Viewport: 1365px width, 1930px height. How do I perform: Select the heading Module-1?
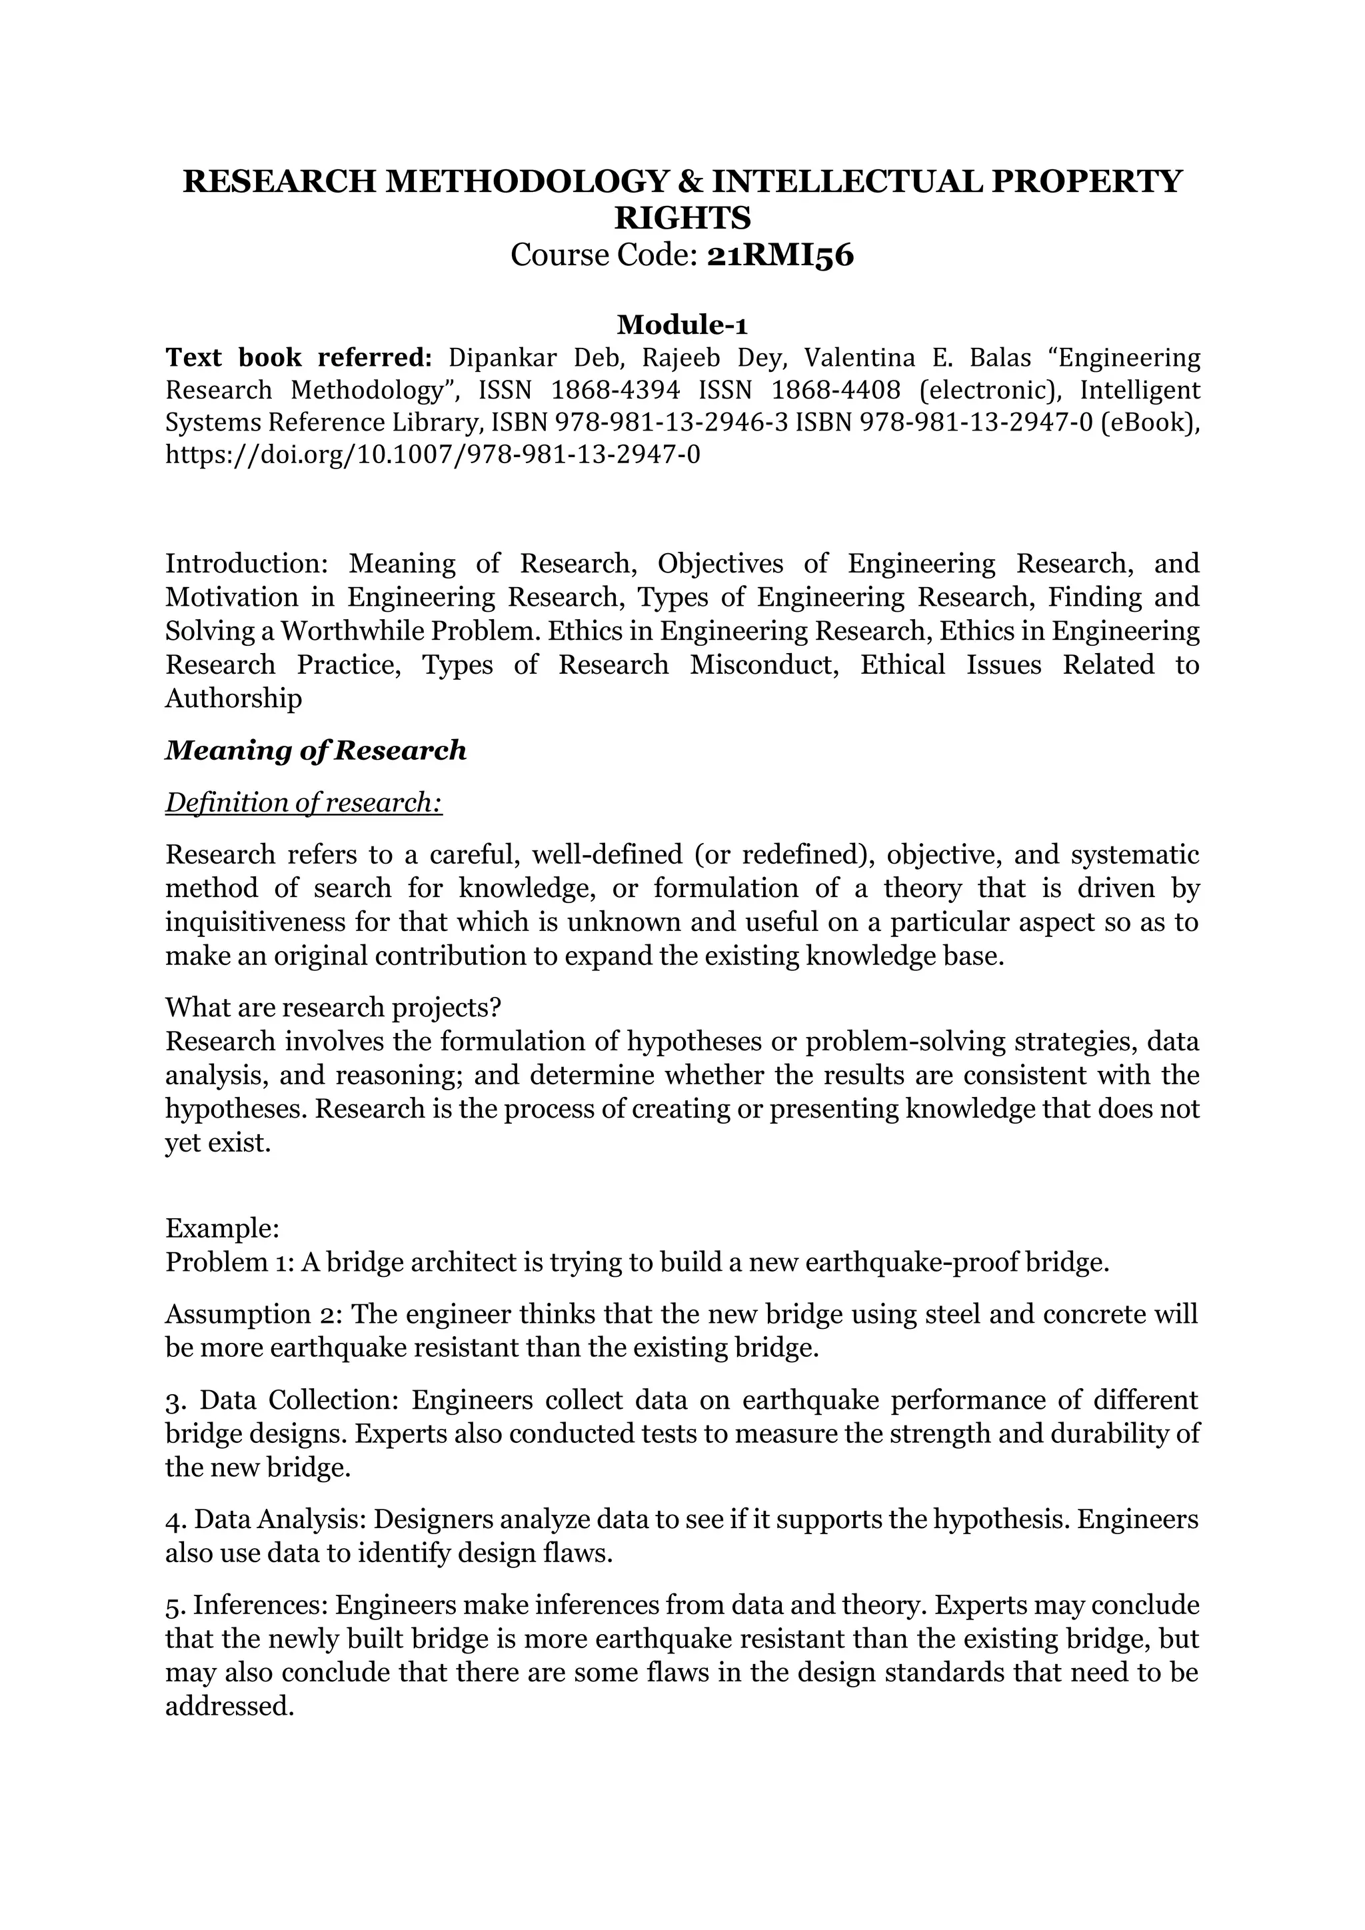click(682, 324)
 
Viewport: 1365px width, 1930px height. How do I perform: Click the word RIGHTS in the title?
click(682, 219)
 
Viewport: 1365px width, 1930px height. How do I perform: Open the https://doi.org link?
click(432, 455)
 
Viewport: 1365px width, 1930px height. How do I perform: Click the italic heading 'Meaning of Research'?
click(315, 750)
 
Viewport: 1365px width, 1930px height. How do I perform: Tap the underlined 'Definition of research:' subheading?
click(303, 803)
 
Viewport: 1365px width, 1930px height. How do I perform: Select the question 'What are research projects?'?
click(333, 1007)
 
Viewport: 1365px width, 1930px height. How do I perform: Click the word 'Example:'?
click(222, 1229)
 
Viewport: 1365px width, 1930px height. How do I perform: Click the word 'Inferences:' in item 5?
click(260, 1605)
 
